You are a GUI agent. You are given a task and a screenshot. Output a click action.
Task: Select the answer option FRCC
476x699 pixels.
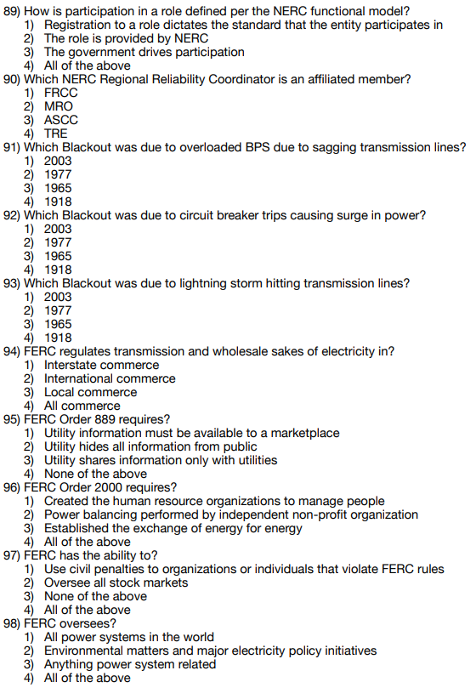point(60,93)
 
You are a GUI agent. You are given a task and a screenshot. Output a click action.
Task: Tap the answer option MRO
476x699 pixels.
point(59,106)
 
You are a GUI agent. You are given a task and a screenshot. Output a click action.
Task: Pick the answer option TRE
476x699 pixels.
point(56,134)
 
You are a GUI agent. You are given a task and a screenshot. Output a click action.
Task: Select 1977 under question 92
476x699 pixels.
point(58,242)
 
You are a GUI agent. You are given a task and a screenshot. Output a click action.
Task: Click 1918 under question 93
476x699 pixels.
point(58,338)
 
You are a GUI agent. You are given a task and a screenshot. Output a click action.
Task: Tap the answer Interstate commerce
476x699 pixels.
point(101,365)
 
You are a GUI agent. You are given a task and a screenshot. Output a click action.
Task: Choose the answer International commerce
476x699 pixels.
point(110,378)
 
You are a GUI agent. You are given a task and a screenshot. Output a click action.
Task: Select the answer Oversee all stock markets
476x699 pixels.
point(116,582)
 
